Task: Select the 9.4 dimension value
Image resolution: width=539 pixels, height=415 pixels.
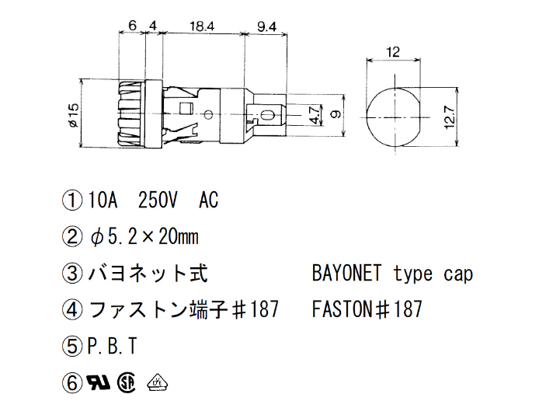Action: click(266, 26)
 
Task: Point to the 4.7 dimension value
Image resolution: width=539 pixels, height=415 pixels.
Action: click(314, 116)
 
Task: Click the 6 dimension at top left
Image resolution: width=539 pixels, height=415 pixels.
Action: click(133, 26)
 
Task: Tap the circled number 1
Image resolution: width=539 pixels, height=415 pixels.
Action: click(71, 201)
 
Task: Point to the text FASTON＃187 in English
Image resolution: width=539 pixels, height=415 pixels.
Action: click(367, 310)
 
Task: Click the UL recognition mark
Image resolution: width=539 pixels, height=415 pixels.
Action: click(99, 382)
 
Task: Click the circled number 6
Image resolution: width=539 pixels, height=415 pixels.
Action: click(71, 382)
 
